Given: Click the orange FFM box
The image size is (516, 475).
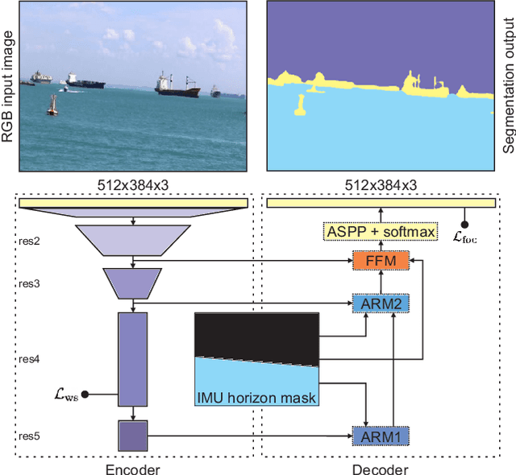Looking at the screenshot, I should [x=381, y=262].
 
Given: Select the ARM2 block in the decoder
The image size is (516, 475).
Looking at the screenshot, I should [x=381, y=304].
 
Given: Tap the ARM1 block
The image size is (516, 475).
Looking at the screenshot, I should [x=381, y=436].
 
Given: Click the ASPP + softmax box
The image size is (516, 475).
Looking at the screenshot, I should [x=381, y=232].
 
